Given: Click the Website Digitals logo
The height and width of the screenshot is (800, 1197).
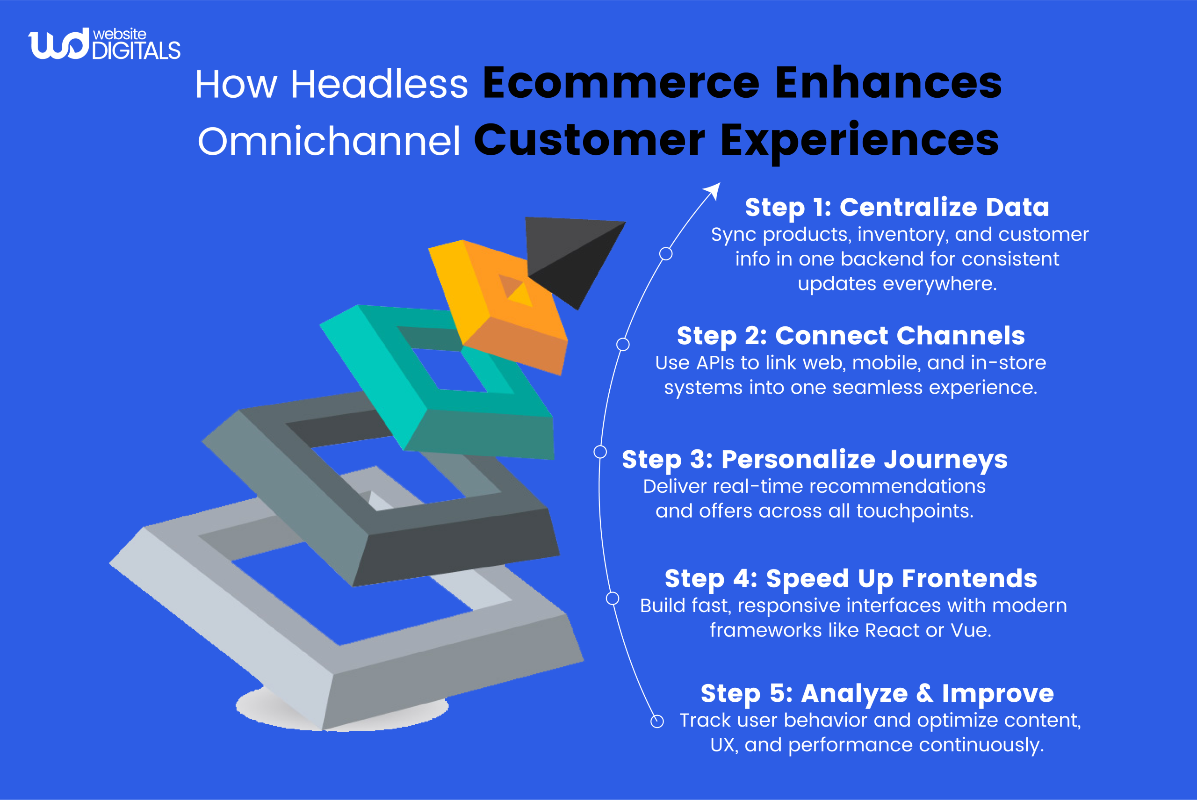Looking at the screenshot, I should pyautogui.click(x=104, y=44).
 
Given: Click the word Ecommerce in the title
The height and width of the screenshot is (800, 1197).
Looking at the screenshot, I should pyautogui.click(x=621, y=83).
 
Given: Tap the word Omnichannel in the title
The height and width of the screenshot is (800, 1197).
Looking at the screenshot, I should pyautogui.click(x=329, y=141).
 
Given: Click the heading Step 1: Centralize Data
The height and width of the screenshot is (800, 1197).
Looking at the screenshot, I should pyautogui.click(x=897, y=207).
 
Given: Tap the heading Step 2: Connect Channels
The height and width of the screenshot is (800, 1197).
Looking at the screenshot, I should pyautogui.click(x=851, y=336).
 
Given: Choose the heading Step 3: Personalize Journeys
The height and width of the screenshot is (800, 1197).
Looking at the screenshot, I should pyautogui.click(x=815, y=459).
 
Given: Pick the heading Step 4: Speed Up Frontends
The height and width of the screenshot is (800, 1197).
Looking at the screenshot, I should pyautogui.click(x=851, y=578).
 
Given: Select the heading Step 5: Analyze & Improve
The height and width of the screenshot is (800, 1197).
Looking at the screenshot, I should pyautogui.click(x=877, y=693).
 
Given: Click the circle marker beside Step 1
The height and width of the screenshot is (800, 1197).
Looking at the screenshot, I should pyautogui.click(x=666, y=253).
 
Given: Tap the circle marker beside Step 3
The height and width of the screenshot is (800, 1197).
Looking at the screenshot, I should pyautogui.click(x=600, y=452).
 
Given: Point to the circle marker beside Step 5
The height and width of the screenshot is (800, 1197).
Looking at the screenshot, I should pyautogui.click(x=657, y=721).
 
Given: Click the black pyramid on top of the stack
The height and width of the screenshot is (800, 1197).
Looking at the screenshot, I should pyautogui.click(x=571, y=255).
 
